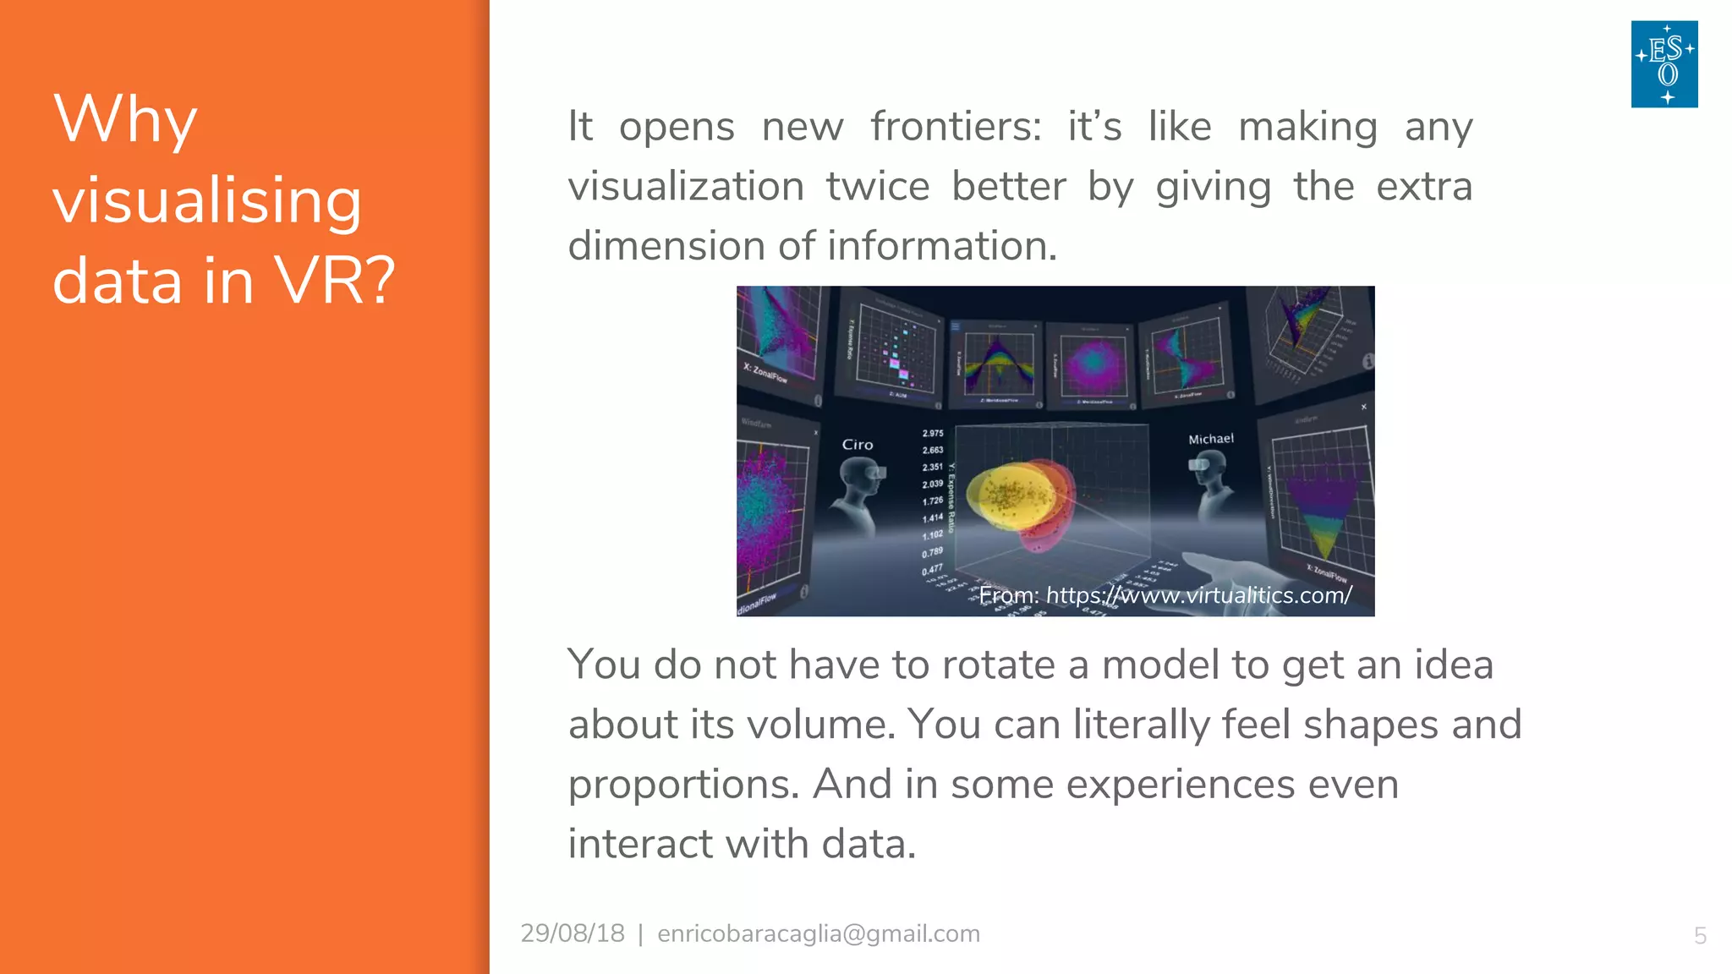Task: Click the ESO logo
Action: pyautogui.click(x=1663, y=64)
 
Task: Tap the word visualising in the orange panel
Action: pyautogui.click(x=207, y=201)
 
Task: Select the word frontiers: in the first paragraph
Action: pyautogui.click(x=956, y=127)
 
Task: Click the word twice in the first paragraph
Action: pyautogui.click(x=877, y=186)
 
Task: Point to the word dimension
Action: pyautogui.click(x=666, y=246)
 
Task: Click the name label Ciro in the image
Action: pyautogui.click(x=857, y=445)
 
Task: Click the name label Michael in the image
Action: pyautogui.click(x=1210, y=439)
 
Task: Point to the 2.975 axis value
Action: pyautogui.click(x=933, y=433)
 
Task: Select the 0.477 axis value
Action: pyautogui.click(x=932, y=570)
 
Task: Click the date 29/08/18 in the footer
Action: pyautogui.click(x=573, y=933)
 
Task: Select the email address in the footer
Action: pyautogui.click(x=818, y=933)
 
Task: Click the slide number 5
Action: pyautogui.click(x=1700, y=936)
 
